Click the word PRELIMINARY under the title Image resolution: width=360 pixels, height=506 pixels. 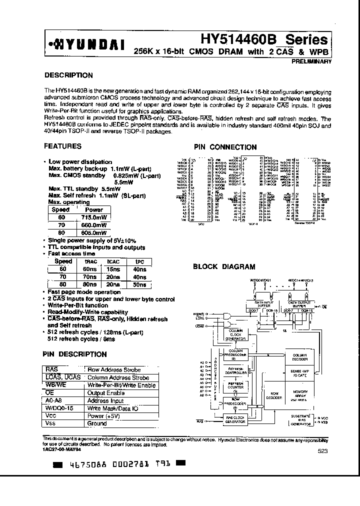310,61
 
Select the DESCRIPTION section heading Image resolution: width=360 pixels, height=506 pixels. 68,75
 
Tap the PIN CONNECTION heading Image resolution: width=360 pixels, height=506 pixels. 225,147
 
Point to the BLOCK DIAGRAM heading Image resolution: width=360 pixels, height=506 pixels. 224,267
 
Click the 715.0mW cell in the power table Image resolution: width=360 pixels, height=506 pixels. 94,217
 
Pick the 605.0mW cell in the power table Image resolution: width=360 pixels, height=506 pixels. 94,232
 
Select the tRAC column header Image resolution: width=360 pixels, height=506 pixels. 90,261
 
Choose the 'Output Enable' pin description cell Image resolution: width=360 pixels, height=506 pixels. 105,393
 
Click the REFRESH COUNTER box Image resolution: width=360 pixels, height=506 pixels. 235,385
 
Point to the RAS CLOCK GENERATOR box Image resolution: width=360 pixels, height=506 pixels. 235,419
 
